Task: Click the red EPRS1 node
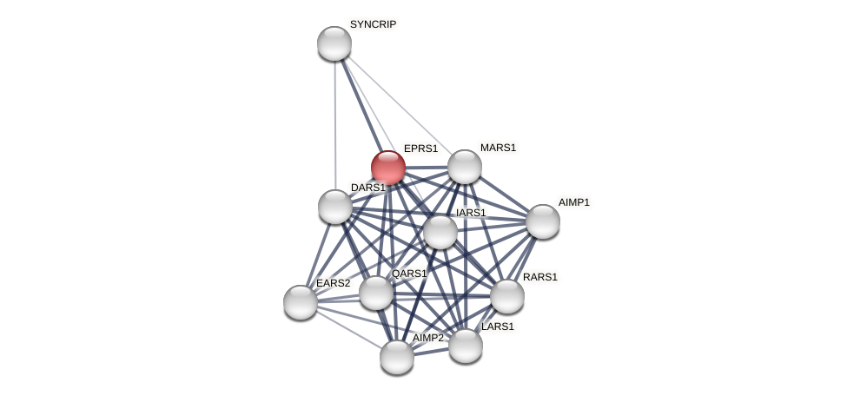(x=387, y=167)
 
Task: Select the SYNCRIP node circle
(x=334, y=43)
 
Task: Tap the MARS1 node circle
(x=465, y=167)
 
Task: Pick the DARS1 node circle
(x=335, y=207)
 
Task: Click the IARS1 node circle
(x=440, y=232)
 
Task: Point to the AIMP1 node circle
(x=543, y=221)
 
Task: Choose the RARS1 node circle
(x=507, y=296)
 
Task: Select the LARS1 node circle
(x=466, y=346)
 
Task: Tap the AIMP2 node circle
(x=397, y=357)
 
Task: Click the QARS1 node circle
(x=376, y=293)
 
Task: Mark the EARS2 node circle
(x=301, y=302)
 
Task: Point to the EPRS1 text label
(x=420, y=148)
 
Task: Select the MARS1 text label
(x=498, y=148)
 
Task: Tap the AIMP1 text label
(x=573, y=202)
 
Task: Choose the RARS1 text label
(x=539, y=277)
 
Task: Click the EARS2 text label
(x=333, y=283)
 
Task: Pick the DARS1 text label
(x=367, y=188)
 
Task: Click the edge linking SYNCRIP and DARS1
(x=334, y=122)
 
